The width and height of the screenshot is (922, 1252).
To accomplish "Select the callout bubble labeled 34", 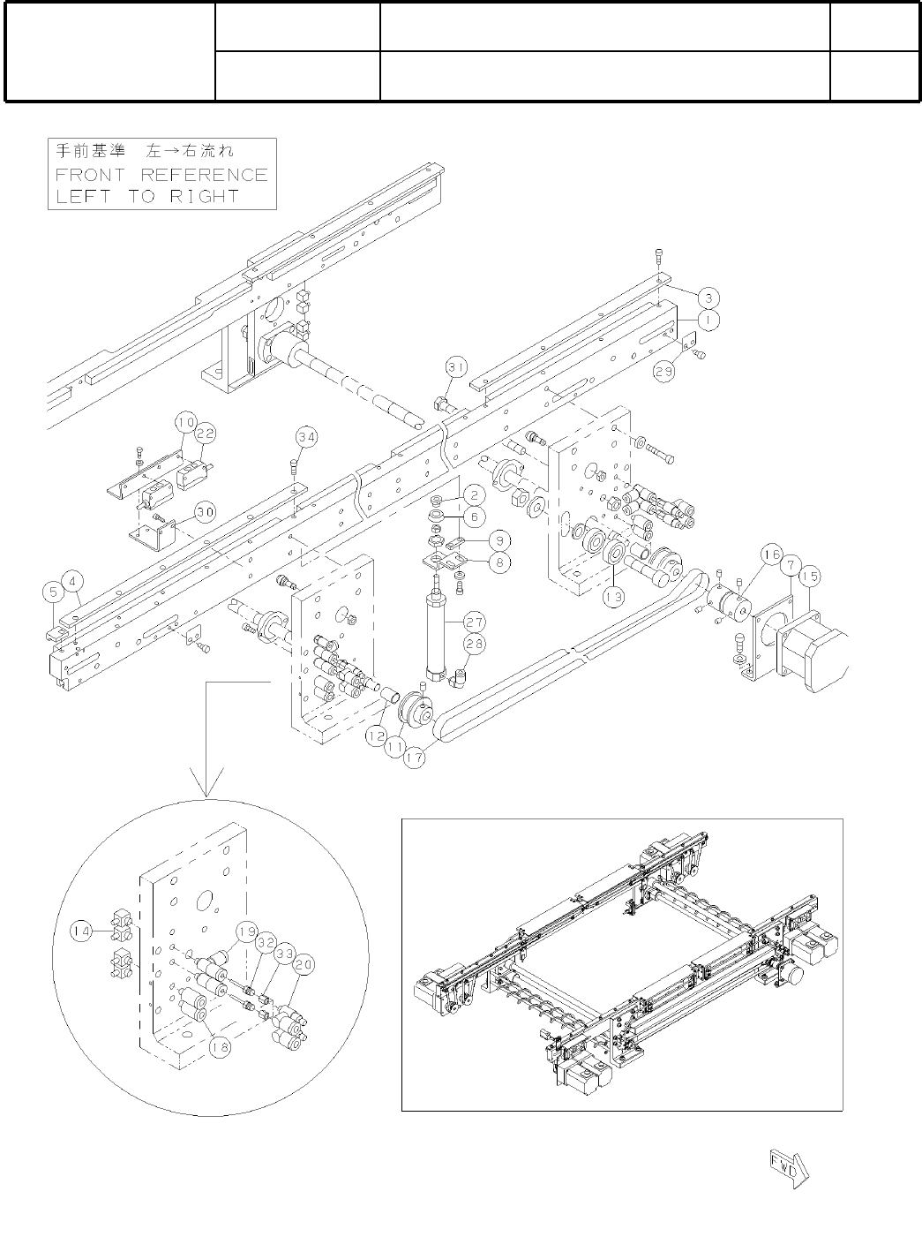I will tap(305, 436).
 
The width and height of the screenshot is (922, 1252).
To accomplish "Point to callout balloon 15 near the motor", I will tap(810, 577).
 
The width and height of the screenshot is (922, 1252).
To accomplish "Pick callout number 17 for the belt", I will tap(416, 757).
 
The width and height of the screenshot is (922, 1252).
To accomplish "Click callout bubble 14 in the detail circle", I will tap(84, 931).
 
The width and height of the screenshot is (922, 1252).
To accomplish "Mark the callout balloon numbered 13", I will tap(613, 596).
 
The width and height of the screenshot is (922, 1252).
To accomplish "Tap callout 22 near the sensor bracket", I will tap(205, 434).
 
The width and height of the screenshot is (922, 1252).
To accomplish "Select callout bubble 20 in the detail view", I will tap(305, 966).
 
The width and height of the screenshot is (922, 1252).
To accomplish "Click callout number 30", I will tap(205, 510).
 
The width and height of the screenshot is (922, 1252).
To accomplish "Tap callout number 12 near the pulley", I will tap(376, 735).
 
